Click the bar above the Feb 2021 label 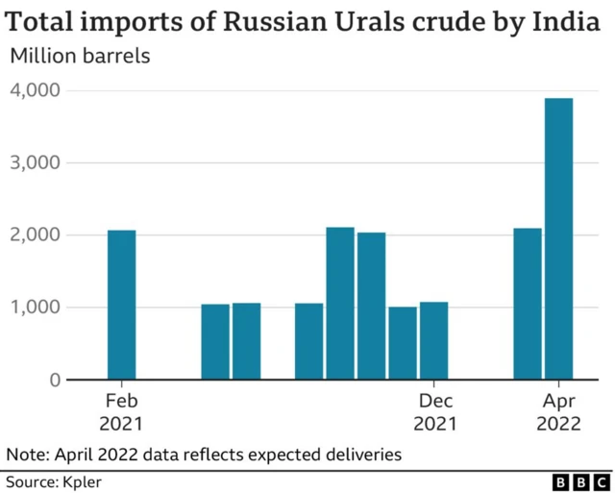(121, 305)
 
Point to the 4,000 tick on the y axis (36, 90)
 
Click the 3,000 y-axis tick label (36, 162)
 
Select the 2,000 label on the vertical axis (36, 235)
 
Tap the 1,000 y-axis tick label (36, 308)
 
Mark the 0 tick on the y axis (54, 381)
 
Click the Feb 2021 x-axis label (121, 411)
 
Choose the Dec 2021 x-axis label (434, 411)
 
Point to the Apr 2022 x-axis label (558, 411)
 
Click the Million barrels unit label (80, 55)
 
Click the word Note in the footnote (26, 454)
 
